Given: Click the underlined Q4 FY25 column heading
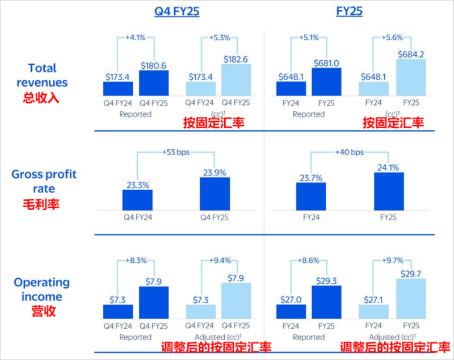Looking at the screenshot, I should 176,11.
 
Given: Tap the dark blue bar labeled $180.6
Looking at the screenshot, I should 154,82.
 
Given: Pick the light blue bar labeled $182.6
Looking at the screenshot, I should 236,79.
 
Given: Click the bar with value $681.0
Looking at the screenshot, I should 326,81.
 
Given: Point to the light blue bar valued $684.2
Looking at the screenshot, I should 411,77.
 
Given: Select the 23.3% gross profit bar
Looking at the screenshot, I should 137,200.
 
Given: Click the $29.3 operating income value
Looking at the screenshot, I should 326,279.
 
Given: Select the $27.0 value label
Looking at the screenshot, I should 291,298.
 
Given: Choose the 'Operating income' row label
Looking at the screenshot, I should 42,289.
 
